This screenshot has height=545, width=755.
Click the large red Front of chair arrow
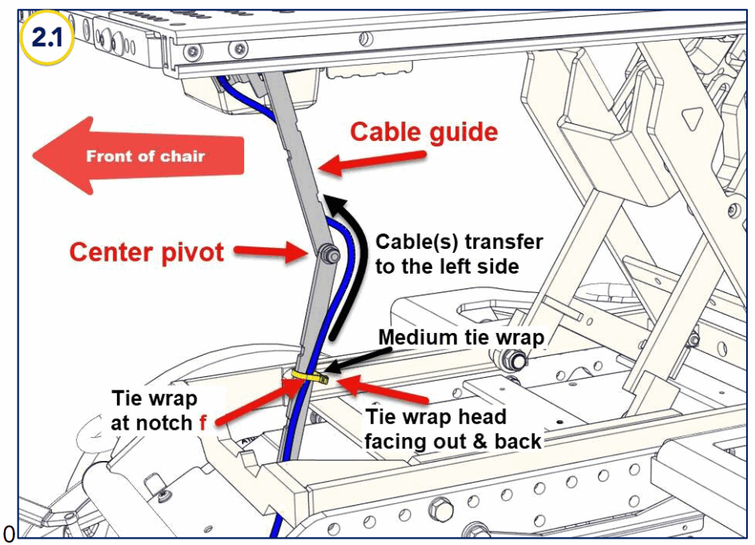(x=136, y=155)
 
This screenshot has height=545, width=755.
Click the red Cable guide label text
(x=424, y=131)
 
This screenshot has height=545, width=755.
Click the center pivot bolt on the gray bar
(x=327, y=254)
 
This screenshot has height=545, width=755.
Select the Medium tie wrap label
(x=460, y=337)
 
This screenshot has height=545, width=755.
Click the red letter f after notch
(x=203, y=423)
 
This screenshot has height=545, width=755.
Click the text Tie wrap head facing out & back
(x=453, y=428)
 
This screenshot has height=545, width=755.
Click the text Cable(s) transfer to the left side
(x=459, y=253)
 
